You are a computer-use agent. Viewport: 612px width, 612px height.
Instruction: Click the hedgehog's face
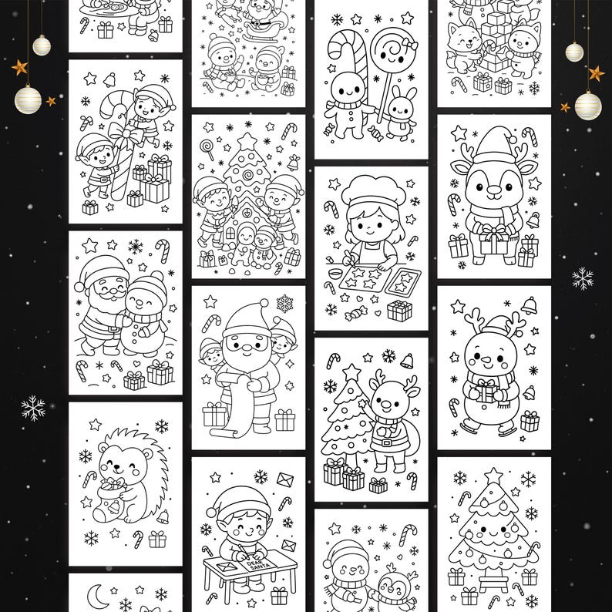(115, 465)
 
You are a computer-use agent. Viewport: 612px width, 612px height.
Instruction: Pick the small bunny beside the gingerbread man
(401, 113)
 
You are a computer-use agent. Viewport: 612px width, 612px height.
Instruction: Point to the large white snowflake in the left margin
(33, 408)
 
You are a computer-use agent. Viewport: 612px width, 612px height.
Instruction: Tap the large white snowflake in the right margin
(583, 278)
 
